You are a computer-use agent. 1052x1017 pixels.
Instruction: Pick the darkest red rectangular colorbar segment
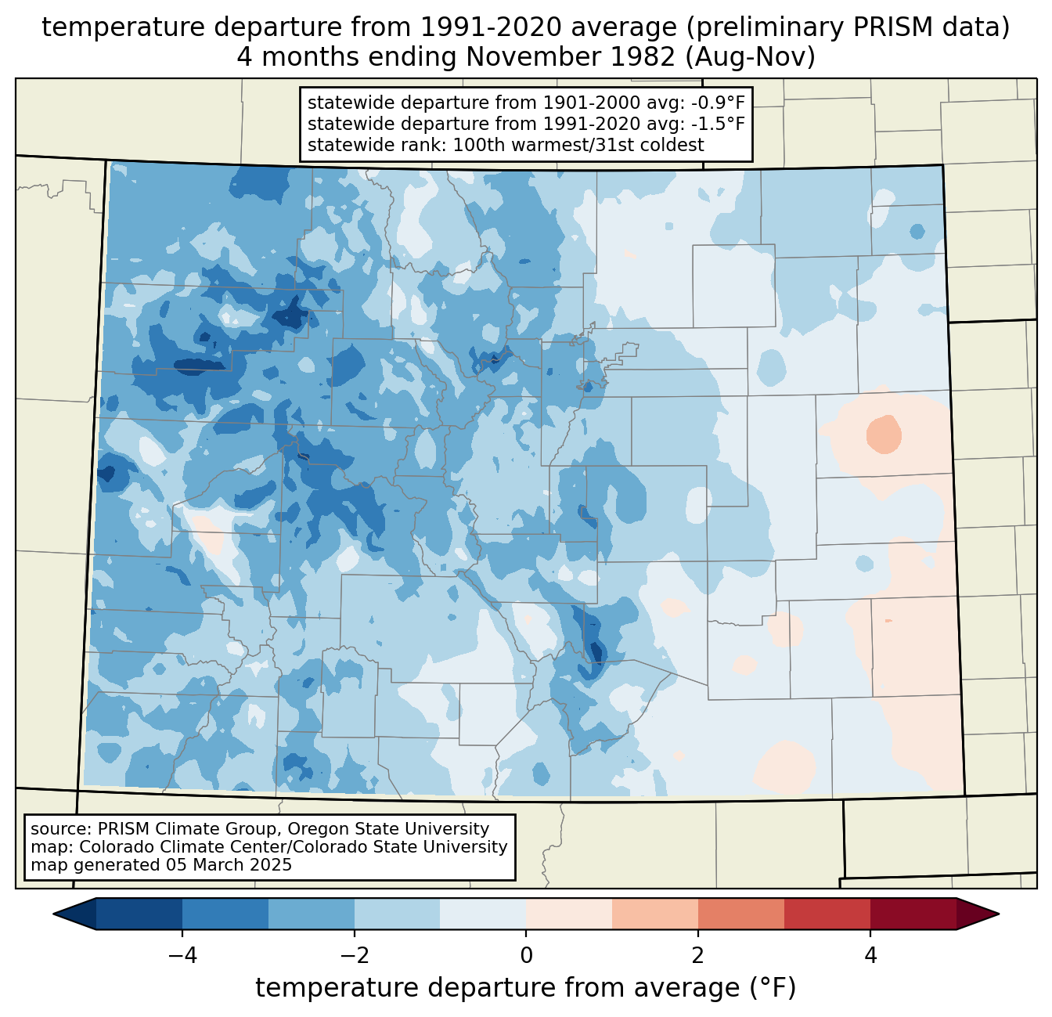click(x=913, y=914)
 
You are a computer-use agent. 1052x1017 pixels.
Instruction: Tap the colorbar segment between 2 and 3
click(x=740, y=914)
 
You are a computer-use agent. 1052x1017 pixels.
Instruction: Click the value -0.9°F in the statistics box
click(x=715, y=103)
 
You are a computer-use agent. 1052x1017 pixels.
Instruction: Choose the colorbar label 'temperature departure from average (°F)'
click(x=525, y=988)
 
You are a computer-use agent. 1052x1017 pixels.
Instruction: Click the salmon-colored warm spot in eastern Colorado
click(x=884, y=432)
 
